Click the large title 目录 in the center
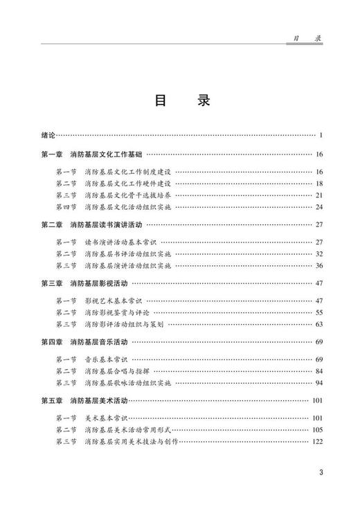[x=180, y=100]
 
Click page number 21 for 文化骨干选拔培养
[x=319, y=195]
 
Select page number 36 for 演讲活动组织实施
[x=319, y=266]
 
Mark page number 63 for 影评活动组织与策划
[x=319, y=325]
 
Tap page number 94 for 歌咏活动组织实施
[x=319, y=383]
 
